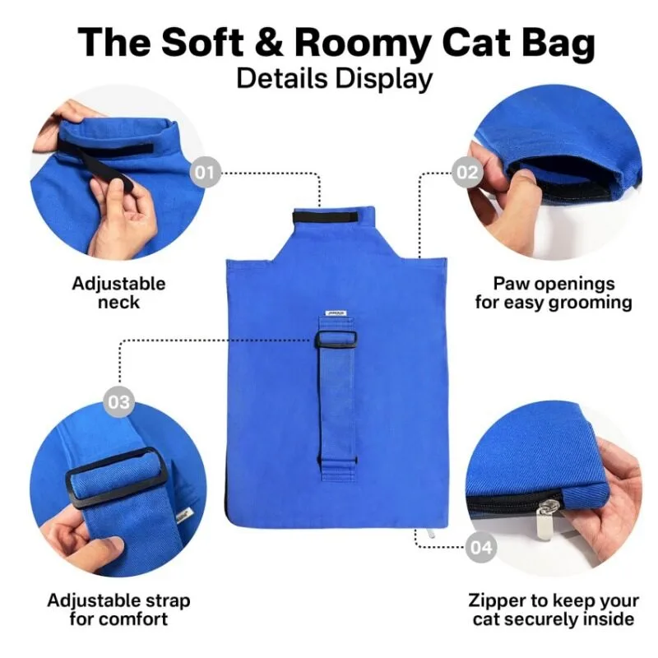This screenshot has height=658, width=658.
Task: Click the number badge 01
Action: coord(204,172)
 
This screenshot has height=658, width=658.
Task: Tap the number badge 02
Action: coord(467,172)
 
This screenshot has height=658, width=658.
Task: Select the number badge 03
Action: coord(118,402)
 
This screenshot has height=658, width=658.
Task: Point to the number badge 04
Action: coord(481,547)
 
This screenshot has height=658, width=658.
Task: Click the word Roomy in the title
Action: coord(363,43)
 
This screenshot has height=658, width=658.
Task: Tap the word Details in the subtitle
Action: coord(281,78)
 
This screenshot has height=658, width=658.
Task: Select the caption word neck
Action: coord(118,302)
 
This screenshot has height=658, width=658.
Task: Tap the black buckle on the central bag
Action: coord(336,339)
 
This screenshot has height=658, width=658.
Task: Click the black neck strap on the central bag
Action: coord(325,217)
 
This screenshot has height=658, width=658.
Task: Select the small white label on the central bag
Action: coord(336,313)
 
